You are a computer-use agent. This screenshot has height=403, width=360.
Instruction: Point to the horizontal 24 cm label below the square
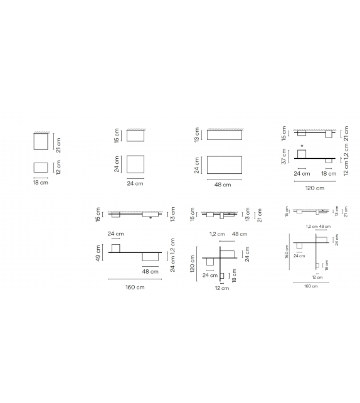click(x=135, y=183)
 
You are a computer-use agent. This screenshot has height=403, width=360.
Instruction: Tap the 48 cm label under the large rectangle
click(x=222, y=184)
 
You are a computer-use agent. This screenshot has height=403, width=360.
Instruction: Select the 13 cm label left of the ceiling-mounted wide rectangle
click(x=198, y=134)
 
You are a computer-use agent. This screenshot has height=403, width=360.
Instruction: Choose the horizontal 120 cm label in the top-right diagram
click(x=315, y=187)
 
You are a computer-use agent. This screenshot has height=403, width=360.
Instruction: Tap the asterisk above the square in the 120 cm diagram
click(x=302, y=146)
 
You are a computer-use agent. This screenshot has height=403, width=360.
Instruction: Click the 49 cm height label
click(x=99, y=253)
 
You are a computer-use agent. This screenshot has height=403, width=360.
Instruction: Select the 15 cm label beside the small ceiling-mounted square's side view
click(x=117, y=136)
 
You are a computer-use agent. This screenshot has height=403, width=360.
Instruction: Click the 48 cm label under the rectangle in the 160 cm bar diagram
click(x=150, y=271)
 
